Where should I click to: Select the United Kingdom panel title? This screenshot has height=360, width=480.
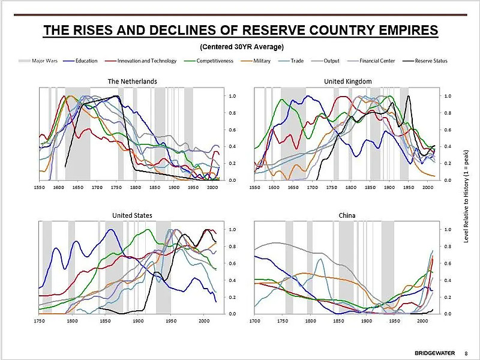point(348,81)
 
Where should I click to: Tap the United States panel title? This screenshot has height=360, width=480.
point(132,215)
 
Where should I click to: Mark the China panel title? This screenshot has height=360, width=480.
point(347,215)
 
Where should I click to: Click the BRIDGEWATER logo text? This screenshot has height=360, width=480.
point(433,352)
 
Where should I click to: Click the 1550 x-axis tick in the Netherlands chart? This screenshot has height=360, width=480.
point(40,187)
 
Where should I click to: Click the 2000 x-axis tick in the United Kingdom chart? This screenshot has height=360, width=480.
point(427,187)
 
